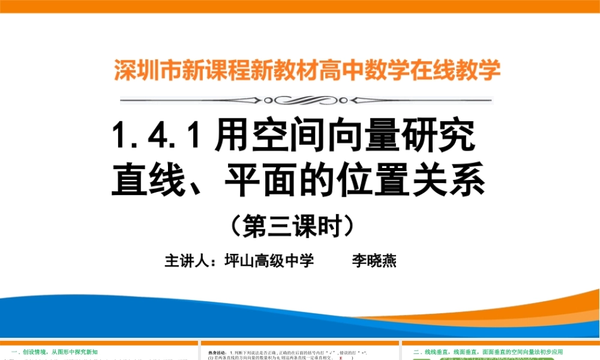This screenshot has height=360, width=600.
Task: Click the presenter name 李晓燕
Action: click(374, 262)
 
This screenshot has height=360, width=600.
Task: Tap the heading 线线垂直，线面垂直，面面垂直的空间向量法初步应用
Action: click(492, 352)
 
